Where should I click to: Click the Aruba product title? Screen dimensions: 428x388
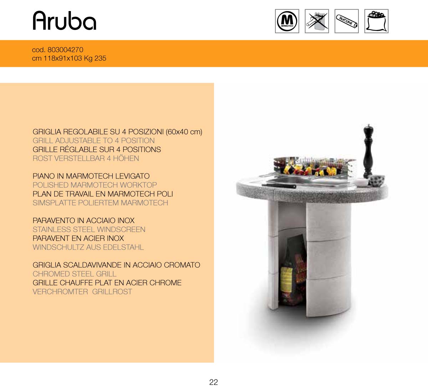65,21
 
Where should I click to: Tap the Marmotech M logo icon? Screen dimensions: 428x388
287,21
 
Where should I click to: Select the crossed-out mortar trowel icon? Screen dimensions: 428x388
317,21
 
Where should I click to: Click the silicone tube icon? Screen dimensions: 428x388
346,21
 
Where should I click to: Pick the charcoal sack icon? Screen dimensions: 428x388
376,21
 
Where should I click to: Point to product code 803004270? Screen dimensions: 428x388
65,50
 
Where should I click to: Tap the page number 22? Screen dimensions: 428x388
214,382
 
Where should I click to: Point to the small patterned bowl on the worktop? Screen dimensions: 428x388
377,180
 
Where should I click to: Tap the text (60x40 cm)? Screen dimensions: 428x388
184,132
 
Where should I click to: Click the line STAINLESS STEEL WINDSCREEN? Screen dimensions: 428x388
89,230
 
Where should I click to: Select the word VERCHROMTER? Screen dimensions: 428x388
60,292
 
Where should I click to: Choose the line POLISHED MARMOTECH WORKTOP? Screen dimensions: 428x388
95,185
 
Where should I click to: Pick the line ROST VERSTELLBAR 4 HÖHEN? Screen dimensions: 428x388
86,158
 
